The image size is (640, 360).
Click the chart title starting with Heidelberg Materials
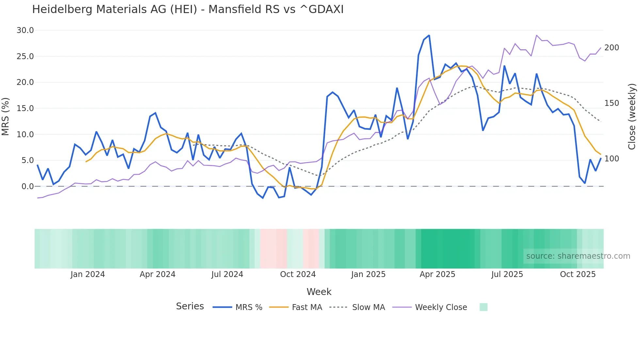pos(188,9)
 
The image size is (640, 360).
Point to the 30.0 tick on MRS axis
pos(25,30)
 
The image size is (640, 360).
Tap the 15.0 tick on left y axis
pos(25,108)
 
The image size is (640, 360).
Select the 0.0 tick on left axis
pos(27,187)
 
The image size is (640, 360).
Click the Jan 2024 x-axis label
pos(88,274)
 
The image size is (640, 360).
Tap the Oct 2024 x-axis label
pos(298,274)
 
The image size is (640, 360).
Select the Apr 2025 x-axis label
pos(437,274)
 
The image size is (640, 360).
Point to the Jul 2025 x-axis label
pos(507,274)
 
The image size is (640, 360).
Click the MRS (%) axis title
pos(6,116)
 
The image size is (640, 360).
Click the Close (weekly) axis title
pos(632,116)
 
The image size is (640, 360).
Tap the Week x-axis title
pos(319,292)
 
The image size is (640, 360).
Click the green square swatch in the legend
pos(483,307)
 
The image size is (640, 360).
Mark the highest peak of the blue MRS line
pos(429,35)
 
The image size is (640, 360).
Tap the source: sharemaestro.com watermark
pos(578,256)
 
